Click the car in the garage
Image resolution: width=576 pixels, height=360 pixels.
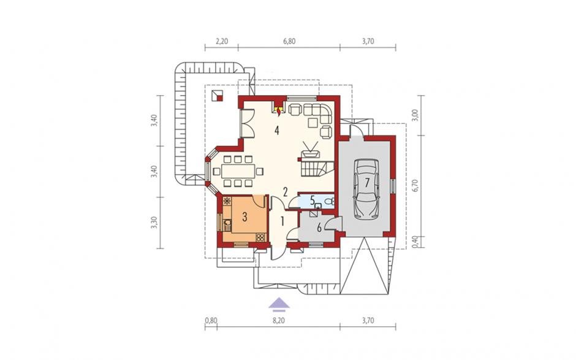[366, 189]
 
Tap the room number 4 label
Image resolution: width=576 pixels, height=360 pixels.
[276, 130]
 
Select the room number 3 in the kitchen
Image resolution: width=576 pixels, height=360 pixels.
[244, 217]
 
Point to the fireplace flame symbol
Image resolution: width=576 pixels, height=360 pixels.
[279, 110]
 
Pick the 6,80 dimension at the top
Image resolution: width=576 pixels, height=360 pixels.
[289, 41]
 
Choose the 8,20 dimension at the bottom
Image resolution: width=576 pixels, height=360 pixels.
[279, 321]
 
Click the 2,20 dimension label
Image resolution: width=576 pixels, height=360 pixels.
[222, 41]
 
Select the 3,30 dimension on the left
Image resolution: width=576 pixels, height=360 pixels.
[154, 223]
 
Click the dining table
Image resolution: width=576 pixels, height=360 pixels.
[238, 171]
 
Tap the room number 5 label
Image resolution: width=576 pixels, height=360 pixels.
[313, 201]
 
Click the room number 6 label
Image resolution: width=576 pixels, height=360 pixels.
[319, 228]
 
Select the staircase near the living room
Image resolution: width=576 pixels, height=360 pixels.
[317, 168]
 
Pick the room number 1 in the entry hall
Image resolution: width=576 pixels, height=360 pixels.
[282, 221]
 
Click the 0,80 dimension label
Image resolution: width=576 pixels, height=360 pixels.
[211, 321]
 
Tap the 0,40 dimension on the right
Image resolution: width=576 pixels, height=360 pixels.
[415, 242]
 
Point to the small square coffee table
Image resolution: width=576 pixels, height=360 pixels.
[313, 122]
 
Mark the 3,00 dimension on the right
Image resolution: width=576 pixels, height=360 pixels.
[415, 115]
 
